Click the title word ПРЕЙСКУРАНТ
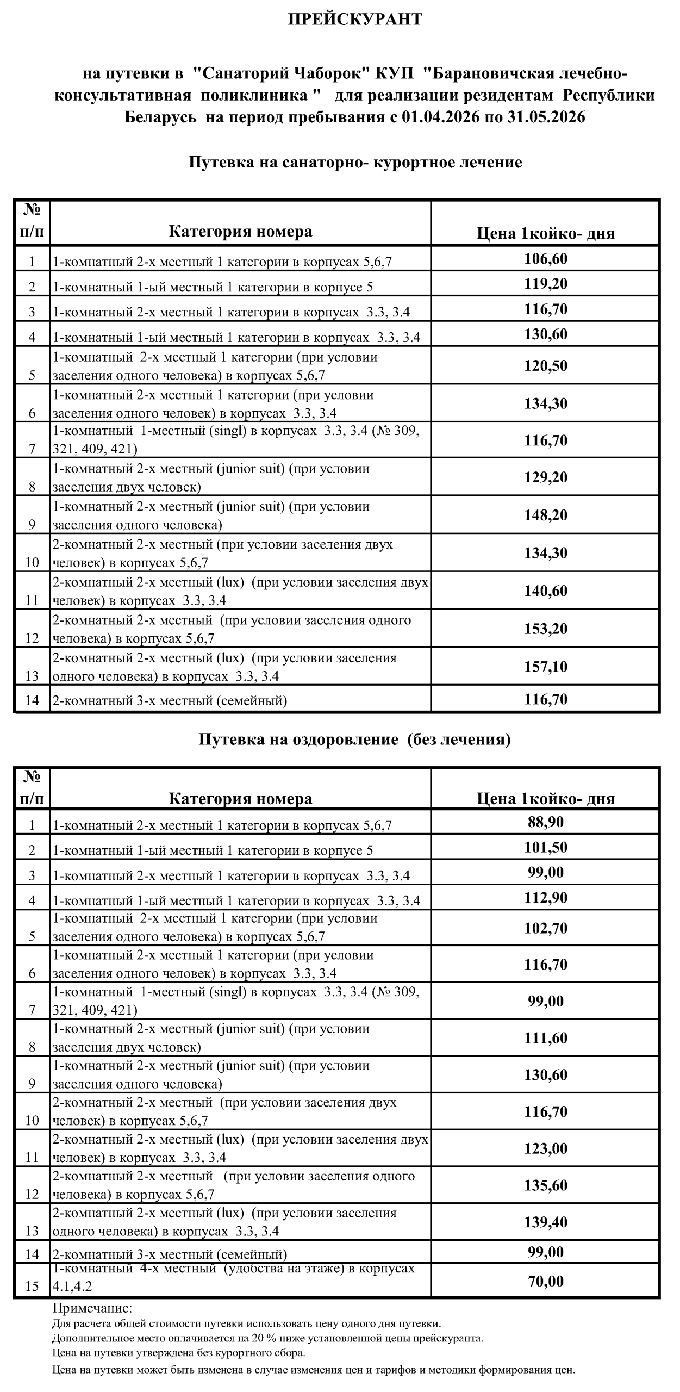(354, 20)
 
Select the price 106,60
(545, 259)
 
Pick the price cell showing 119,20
(545, 284)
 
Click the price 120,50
(545, 365)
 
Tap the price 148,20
(545, 515)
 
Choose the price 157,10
(545, 667)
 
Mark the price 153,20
(545, 629)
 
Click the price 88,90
(545, 822)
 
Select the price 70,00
(545, 1282)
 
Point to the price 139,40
(545, 1222)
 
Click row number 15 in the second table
(32, 1287)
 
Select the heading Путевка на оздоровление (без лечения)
(354, 739)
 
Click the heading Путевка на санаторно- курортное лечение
(355, 162)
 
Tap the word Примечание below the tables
(92, 1308)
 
